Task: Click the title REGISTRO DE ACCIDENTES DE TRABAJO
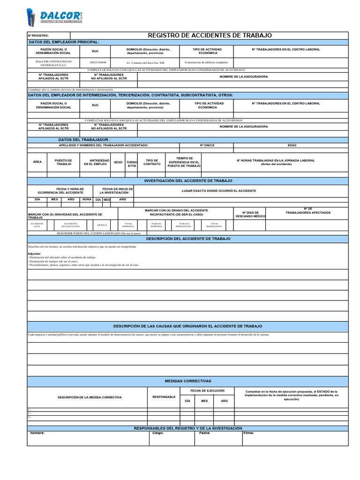tap(210, 36)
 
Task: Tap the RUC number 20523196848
tap(97, 62)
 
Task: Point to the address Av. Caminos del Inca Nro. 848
tap(145, 62)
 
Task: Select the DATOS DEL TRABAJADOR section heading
tap(84, 140)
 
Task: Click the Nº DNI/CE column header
tap(207, 145)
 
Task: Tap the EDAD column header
tap(292, 145)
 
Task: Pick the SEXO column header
tap(118, 162)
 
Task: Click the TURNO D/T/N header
tap(132, 162)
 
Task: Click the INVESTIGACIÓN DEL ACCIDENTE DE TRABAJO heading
tap(187, 180)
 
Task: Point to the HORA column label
tap(87, 199)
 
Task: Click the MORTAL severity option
tap(102, 225)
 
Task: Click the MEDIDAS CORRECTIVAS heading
tap(187, 381)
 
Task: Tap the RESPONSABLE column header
tap(164, 397)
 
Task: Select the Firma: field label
tap(248, 433)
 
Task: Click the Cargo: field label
tap(158, 433)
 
